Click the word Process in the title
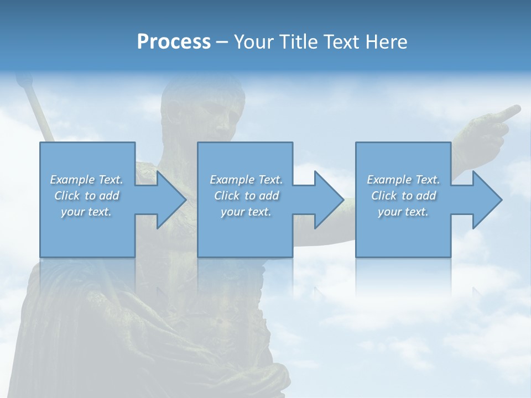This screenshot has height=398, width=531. (x=174, y=42)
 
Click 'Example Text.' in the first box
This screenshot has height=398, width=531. (x=86, y=180)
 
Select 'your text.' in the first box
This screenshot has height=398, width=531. (x=86, y=212)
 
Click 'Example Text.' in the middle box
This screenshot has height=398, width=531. (x=246, y=180)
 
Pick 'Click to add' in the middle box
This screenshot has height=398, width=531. (x=246, y=196)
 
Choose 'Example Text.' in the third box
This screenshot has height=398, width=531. (x=403, y=180)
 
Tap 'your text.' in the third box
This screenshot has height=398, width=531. (x=403, y=212)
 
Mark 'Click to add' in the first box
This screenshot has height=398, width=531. (x=86, y=196)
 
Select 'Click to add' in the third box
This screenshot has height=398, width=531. (x=403, y=196)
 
